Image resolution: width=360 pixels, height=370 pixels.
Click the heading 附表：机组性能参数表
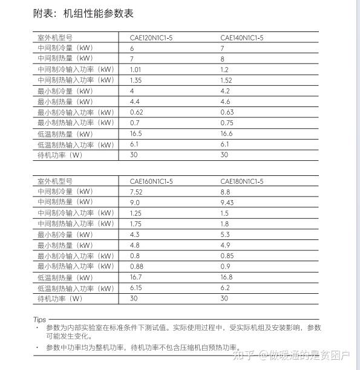point(83,13)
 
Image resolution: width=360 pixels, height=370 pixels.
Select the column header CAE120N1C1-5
point(151,37)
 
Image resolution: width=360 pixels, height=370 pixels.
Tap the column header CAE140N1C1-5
point(241,37)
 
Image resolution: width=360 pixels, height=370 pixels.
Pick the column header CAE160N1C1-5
point(151,181)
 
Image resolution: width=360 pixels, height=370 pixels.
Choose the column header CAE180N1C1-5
point(241,181)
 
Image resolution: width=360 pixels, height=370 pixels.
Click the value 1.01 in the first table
point(136,70)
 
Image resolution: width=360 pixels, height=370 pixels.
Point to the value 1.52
point(226,80)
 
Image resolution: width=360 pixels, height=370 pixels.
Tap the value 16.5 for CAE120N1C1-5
point(136,134)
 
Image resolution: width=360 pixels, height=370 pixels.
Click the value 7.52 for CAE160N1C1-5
point(136,192)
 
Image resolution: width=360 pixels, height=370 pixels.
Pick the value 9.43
point(227,203)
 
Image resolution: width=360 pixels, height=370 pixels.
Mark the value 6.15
point(136,288)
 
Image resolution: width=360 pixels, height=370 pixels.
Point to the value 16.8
point(226,277)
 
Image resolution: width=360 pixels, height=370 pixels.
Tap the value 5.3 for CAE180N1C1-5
point(224,235)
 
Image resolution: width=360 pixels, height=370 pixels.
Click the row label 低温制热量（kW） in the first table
point(65,134)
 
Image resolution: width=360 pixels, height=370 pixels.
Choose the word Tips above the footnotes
point(39,319)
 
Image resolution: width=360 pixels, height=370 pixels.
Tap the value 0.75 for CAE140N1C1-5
point(226,123)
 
